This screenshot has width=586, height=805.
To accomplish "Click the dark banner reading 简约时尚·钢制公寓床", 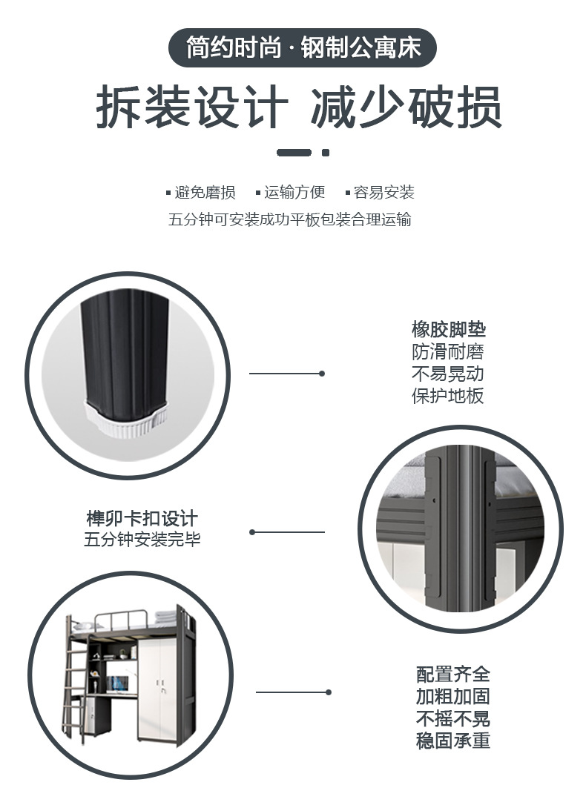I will click(303, 48).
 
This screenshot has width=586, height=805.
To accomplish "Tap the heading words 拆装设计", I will click(192, 108).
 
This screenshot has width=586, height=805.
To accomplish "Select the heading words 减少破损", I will click(406, 108).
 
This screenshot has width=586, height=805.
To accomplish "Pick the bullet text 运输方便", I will click(294, 193).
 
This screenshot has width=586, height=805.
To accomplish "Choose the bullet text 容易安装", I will click(383, 193).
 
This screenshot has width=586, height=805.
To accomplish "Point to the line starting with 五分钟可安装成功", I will click(290, 219).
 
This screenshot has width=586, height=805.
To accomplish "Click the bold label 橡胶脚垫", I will click(449, 329).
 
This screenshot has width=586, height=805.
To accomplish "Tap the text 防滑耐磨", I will click(447, 351).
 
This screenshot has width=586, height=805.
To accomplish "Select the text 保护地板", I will click(447, 396).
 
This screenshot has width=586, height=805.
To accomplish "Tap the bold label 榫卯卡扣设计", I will click(142, 518).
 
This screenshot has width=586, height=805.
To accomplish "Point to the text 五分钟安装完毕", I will click(142, 540).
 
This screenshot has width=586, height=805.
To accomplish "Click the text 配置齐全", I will click(452, 675).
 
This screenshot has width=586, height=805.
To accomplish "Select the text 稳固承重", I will click(452, 741).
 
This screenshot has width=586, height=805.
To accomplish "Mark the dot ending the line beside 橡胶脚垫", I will click(321, 374).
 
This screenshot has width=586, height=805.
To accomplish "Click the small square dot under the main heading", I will click(325, 153).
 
